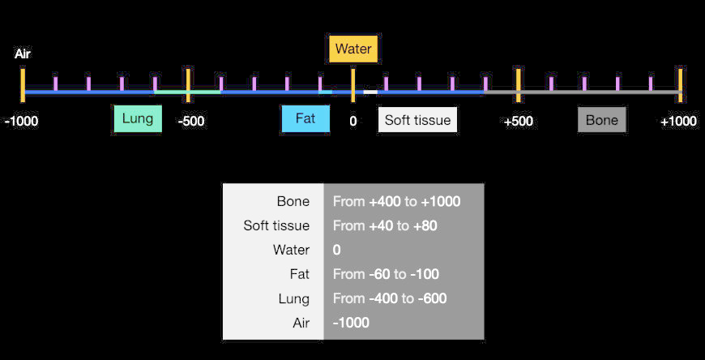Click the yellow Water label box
tap(353, 49)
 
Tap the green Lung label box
tap(138, 119)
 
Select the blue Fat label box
tap(305, 118)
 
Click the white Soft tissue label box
tap(417, 120)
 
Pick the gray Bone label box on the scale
tap(601, 120)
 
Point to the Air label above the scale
tap(23, 54)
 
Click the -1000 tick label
tap(21, 122)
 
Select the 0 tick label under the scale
tap(352, 122)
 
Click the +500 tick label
tap(518, 122)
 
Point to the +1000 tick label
tap(678, 122)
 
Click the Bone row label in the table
tap(293, 201)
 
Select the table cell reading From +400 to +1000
tap(396, 201)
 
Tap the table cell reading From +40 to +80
tap(385, 225)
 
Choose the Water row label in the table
tap(291, 250)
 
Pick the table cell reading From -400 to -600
tap(390, 298)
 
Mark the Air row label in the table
tap(300, 323)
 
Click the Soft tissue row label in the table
tap(276, 225)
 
